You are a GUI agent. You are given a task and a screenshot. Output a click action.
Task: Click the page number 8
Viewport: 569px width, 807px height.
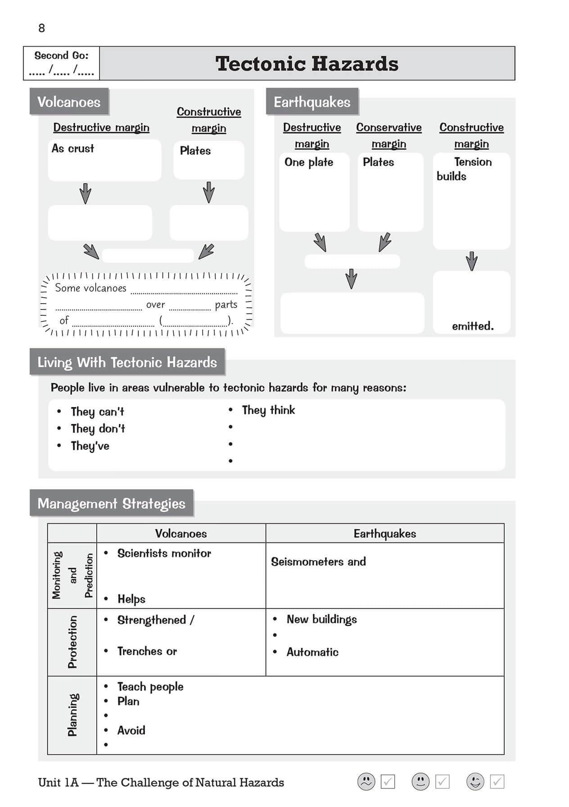(x=41, y=28)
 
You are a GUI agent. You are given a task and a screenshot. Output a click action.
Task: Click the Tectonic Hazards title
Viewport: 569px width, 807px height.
(x=307, y=63)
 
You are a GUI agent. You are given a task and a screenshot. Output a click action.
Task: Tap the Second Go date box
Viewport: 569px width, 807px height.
(x=61, y=63)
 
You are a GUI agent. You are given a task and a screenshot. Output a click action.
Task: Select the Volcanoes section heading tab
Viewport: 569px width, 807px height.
(x=69, y=102)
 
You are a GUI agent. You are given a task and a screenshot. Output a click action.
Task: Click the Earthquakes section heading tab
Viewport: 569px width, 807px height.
(x=312, y=102)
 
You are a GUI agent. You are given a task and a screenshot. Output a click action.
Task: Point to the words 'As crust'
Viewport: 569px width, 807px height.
(x=72, y=148)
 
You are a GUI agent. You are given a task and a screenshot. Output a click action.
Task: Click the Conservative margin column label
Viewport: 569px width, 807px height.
(x=389, y=135)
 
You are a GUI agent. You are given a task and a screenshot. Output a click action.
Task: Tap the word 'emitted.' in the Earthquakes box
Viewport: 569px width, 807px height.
(x=473, y=326)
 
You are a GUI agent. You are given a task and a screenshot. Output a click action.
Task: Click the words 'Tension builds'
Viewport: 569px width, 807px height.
(x=464, y=169)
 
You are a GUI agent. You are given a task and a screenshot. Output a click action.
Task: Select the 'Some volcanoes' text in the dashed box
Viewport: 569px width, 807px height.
(x=90, y=288)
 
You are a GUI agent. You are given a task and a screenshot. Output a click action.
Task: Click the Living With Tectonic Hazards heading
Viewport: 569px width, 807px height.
(x=127, y=362)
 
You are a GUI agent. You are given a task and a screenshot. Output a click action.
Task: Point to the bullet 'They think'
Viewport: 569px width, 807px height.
(x=268, y=410)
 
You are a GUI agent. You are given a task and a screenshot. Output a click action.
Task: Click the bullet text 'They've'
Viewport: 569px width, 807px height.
(x=90, y=446)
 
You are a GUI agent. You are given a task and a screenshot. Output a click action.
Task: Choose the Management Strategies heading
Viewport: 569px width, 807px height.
(x=111, y=503)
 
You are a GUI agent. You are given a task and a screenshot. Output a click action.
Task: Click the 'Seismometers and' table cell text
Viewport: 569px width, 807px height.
(x=318, y=561)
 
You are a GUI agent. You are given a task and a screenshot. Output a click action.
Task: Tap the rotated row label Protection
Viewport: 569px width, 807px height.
(x=72, y=642)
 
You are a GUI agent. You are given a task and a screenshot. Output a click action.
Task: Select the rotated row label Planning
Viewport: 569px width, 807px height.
(x=72, y=715)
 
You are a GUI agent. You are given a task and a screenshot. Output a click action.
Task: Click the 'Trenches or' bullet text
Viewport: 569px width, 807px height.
(x=147, y=651)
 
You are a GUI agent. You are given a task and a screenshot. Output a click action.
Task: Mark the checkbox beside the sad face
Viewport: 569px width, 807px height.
(x=388, y=782)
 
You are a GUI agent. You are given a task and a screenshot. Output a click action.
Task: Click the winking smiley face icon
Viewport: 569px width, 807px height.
(x=475, y=782)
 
